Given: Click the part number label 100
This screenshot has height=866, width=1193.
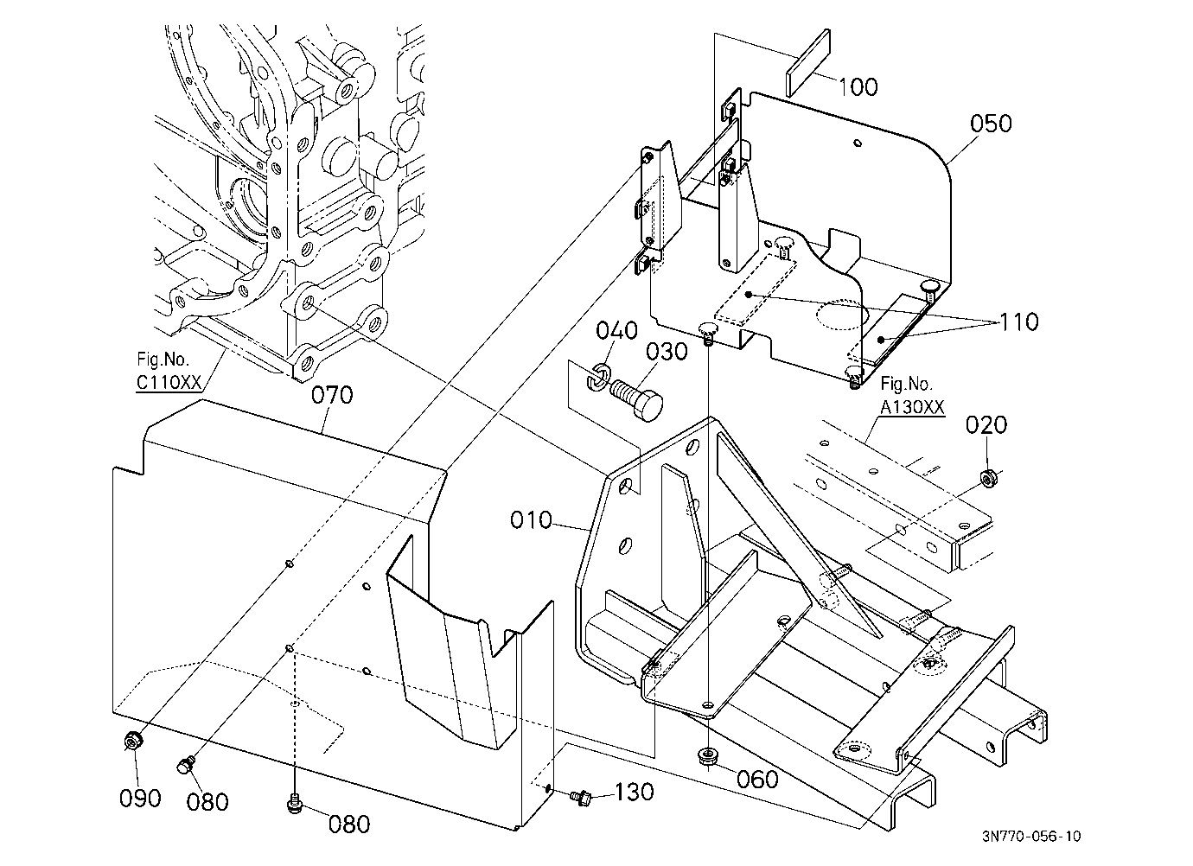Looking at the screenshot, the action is coord(858,86).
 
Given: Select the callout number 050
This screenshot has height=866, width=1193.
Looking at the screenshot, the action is coord(991,123).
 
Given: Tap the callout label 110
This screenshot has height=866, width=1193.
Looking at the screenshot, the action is coord(1019,322).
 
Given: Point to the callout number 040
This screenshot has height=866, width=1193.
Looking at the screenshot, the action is coord(616,330).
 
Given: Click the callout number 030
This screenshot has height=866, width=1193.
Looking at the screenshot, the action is coord(667,352).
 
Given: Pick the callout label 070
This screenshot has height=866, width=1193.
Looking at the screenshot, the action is coord(332,395).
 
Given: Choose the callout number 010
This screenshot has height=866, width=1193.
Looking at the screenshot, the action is coord(531,519).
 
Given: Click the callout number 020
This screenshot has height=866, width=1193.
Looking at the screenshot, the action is coord(986,425).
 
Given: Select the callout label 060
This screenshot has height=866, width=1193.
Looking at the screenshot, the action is coord(757,780).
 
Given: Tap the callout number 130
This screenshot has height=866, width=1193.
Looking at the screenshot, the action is coord(635,792).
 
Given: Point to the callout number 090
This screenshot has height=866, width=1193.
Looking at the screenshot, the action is coord(140,799).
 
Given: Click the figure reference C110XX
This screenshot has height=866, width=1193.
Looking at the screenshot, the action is coord(169,382).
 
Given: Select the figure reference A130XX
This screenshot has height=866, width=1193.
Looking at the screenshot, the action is coord(912,407).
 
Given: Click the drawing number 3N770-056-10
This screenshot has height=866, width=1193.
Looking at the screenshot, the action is coord(1031,837).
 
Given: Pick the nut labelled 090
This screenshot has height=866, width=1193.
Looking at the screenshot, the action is coord(132,741).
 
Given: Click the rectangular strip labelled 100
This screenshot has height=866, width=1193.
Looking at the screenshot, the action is coord(807,63).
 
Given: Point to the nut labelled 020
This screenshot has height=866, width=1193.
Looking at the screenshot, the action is coord(988,478).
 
